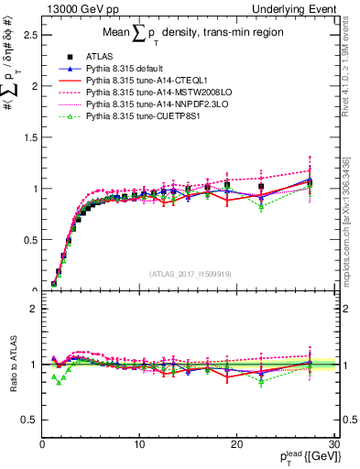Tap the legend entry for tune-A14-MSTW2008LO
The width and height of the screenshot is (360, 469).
tap(145, 93)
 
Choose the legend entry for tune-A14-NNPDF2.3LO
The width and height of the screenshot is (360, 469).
tap(144, 104)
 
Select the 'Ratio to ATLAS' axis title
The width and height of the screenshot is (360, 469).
tap(12, 365)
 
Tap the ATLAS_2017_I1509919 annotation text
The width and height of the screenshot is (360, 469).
tap(190, 272)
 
